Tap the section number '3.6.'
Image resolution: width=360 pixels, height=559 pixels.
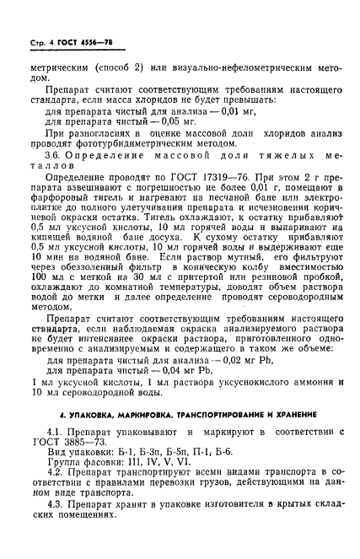67,161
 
